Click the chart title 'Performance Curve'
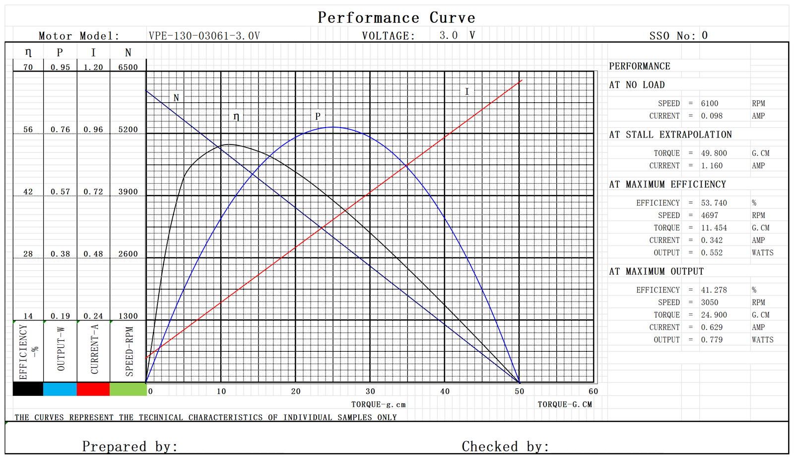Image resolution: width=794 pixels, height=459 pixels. tap(396, 18)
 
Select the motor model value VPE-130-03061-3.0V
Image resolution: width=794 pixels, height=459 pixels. tap(204, 36)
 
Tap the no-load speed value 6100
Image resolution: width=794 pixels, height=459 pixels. tap(709, 103)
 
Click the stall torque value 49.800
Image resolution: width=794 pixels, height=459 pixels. tap(714, 153)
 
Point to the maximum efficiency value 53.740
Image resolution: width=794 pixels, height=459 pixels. tap(714, 203)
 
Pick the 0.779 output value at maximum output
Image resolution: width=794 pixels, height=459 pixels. tap(712, 340)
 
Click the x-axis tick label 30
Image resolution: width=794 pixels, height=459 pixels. tap(370, 391)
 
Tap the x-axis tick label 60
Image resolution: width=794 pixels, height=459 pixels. tap(593, 391)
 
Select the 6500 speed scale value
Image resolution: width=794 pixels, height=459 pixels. tap(128, 67)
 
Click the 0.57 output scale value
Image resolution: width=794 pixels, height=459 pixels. tap(60, 192)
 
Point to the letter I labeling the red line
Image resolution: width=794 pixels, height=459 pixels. tap(466, 92)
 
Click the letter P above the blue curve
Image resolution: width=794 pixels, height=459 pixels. tap(318, 116)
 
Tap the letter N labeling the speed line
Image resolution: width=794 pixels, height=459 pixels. tap(176, 98)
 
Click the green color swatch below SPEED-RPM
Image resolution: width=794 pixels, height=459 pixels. tap(128, 389)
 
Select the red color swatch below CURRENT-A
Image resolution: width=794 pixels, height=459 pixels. tap(93, 389)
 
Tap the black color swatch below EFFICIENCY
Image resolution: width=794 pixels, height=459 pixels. tap(28, 389)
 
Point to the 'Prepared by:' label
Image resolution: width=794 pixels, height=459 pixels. tap(130, 447)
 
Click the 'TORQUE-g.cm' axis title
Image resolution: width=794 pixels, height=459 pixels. tap(378, 405)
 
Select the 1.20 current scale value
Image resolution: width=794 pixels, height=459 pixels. tap(93, 67)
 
